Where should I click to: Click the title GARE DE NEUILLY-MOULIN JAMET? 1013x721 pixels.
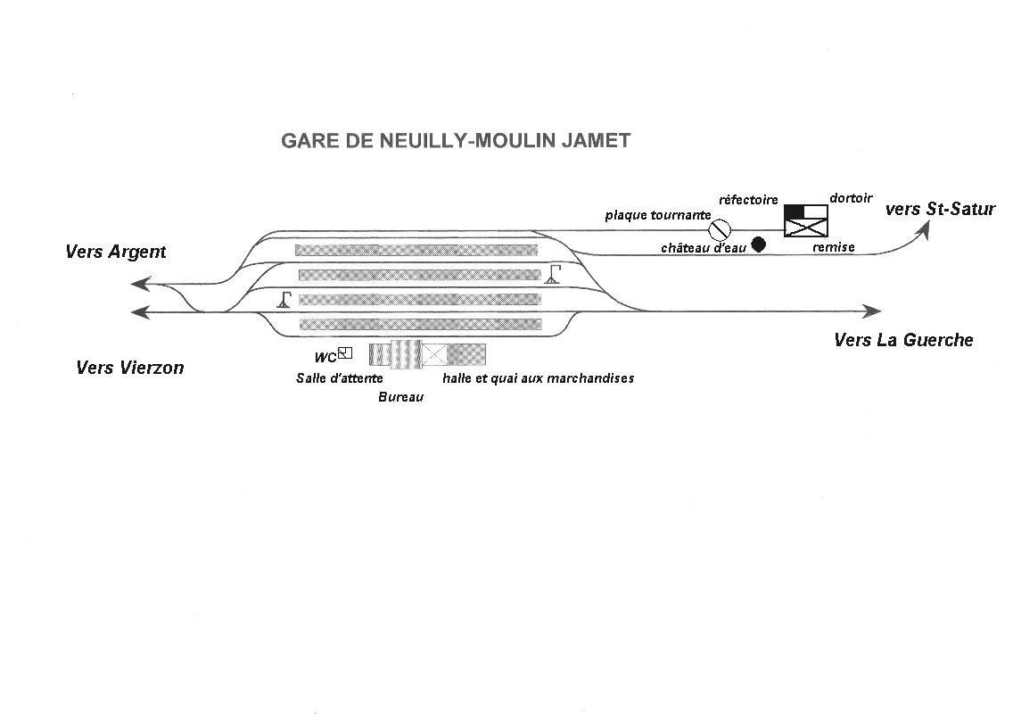click(x=456, y=141)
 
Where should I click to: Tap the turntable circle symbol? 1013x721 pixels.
click(x=720, y=229)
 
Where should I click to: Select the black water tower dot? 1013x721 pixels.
click(x=759, y=244)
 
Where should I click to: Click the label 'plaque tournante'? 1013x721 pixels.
click(x=658, y=215)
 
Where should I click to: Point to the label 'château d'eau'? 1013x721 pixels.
click(x=704, y=248)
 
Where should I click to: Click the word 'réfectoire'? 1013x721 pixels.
click(x=748, y=200)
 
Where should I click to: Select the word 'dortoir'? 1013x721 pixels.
click(x=851, y=198)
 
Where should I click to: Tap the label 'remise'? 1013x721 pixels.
click(x=834, y=247)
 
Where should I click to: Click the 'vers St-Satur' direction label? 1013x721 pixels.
click(x=940, y=209)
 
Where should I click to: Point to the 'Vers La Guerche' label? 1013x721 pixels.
click(x=903, y=340)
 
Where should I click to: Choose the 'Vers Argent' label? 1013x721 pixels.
click(x=116, y=252)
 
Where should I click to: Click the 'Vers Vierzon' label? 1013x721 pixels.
click(x=130, y=368)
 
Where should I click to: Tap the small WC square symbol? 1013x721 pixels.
click(x=345, y=353)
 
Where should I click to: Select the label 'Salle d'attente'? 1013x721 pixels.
click(x=339, y=378)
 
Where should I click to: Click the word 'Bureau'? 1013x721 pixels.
click(x=400, y=397)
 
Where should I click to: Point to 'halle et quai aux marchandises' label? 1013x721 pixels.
click(x=539, y=378)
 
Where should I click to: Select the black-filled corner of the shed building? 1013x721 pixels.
click(x=794, y=211)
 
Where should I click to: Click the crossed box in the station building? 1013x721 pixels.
click(x=434, y=354)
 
